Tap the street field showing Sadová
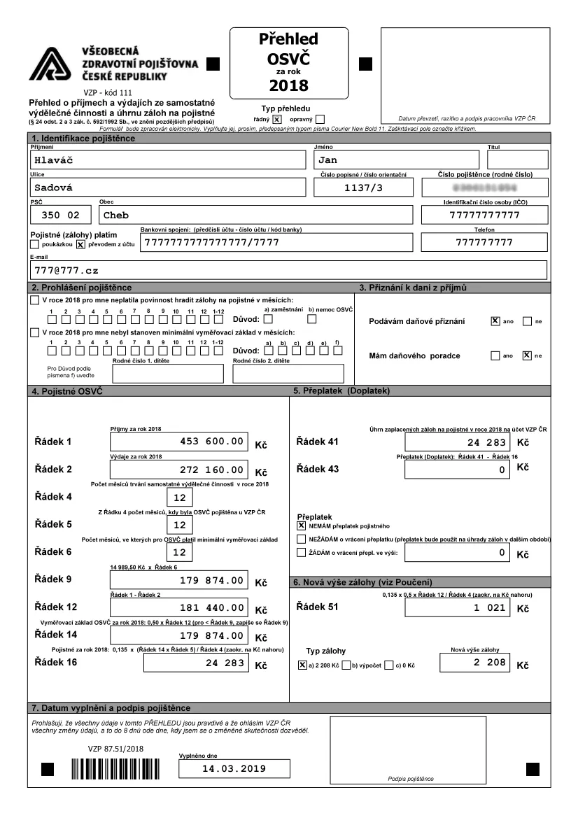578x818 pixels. [168, 188]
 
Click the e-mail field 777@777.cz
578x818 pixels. [287, 269]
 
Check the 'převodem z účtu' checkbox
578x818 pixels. [80, 244]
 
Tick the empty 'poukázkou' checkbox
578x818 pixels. [34, 244]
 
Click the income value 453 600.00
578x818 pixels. [178, 442]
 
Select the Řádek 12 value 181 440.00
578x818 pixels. [178, 607]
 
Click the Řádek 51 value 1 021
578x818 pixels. [458, 608]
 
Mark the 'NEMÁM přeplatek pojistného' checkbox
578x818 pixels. [302, 525]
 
